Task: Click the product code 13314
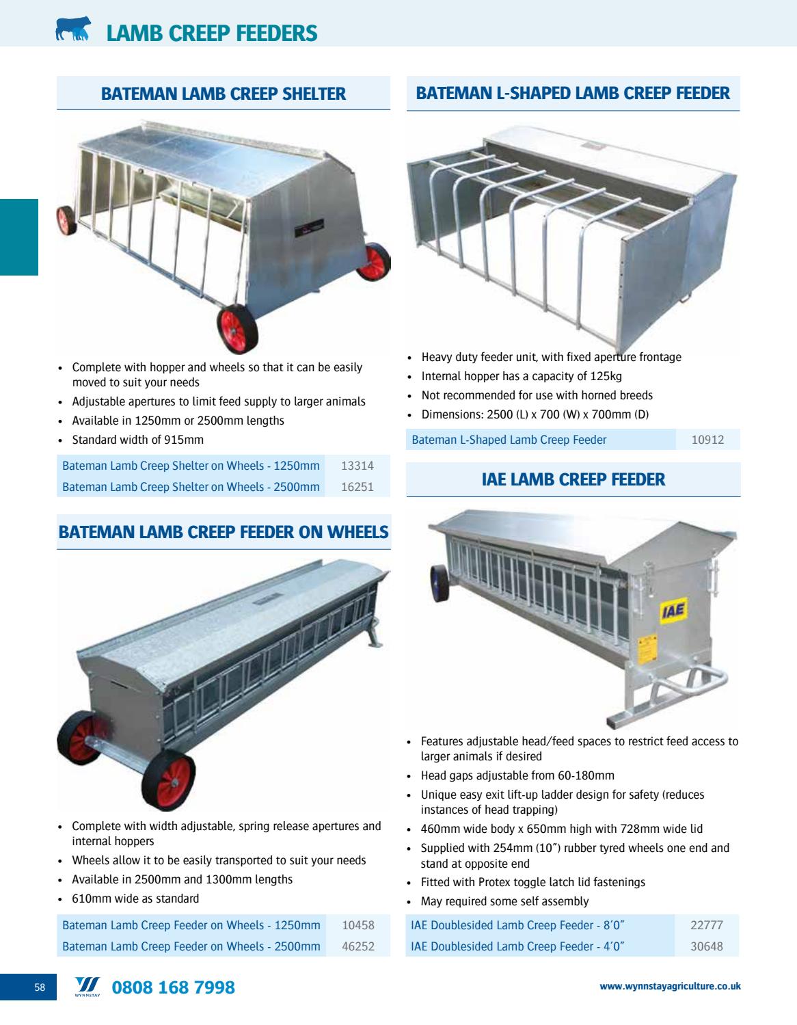coord(357,466)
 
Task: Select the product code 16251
coord(357,487)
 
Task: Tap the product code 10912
coord(707,440)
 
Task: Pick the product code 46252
coord(358,946)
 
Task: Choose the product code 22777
coord(707,925)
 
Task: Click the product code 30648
coord(707,946)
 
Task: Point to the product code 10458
coord(358,925)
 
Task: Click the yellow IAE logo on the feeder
coord(673,611)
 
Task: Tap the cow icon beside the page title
coord(73,29)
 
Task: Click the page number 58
coord(40,987)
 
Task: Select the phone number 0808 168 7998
coord(173,987)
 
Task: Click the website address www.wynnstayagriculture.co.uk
coord(670,986)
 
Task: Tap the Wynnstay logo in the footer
coord(87,987)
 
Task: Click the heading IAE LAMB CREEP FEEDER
coord(573,480)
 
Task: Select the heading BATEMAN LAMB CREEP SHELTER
coord(224,94)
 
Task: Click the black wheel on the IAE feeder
coord(440,583)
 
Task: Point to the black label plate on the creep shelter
coord(309,228)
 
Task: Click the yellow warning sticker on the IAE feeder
coord(647,649)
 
